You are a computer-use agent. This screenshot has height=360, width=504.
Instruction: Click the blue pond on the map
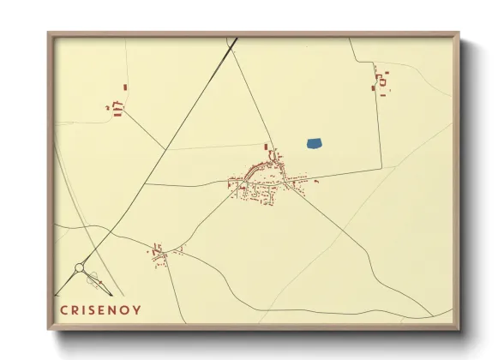point(314,143)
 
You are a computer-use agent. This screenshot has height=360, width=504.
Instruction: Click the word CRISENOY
point(101,309)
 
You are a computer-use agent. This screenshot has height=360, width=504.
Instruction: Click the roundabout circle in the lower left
point(80,268)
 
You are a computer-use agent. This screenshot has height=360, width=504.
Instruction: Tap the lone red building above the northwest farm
point(125,87)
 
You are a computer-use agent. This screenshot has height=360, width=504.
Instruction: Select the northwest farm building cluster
point(117,107)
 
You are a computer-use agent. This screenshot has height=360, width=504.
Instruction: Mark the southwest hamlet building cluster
point(159,253)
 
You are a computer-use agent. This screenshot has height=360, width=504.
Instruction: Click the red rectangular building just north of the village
point(266,147)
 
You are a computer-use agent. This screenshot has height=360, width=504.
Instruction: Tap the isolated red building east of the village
point(317,181)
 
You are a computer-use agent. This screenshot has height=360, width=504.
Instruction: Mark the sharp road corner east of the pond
point(381,166)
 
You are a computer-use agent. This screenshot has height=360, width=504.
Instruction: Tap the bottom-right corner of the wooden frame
point(458,328)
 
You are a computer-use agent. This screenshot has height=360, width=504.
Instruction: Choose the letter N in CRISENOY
point(116,309)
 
